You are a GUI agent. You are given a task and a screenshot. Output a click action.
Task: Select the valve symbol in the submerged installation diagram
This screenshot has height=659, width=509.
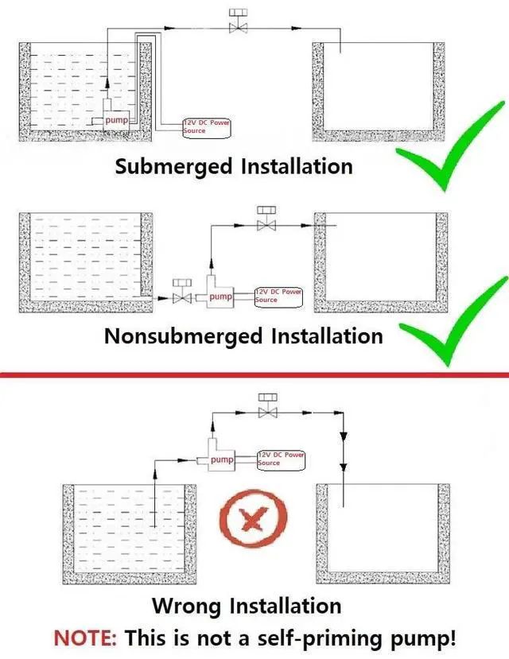pos(236,24)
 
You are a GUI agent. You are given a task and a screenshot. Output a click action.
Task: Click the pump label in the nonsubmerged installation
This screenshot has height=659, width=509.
pos(220,297)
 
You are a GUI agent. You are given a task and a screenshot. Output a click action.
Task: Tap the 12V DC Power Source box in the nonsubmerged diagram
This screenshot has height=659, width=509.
pos(278,296)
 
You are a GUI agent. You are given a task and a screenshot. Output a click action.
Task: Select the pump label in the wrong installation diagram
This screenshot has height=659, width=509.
pos(223,459)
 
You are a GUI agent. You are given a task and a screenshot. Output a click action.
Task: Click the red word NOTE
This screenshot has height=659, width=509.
pos(84,638)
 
